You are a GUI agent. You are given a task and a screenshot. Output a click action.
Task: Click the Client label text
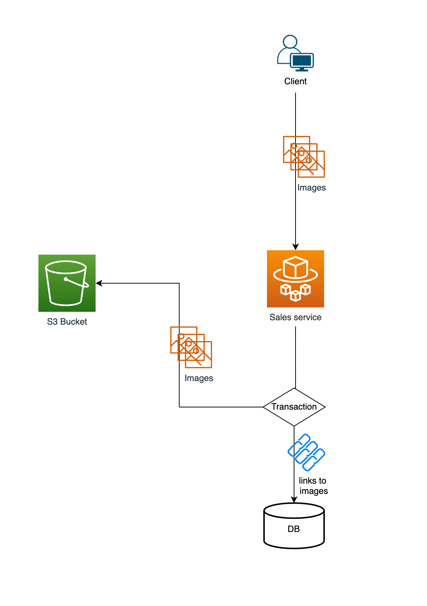pos(295,81)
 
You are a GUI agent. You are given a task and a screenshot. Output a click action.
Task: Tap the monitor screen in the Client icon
pos(302,60)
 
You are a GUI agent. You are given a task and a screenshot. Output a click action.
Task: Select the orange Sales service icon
pos(295,279)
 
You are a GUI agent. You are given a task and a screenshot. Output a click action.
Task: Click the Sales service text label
pos(295,317)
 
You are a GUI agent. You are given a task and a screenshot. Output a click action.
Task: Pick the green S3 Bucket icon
pos(67,283)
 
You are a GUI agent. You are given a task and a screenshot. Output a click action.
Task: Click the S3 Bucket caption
pos(67,322)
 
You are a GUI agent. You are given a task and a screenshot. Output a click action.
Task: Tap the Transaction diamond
pos(294,407)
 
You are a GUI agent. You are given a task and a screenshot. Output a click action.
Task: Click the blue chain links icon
pos(307,452)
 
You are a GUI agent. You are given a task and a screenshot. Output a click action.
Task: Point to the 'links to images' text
pos(313,486)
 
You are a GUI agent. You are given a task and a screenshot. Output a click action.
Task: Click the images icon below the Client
pos(304,157)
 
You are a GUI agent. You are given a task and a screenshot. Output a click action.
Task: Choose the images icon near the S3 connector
pos(191,347)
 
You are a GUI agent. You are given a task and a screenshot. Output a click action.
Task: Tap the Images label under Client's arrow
pos(311,188)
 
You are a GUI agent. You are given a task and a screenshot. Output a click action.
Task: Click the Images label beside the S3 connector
pos(198,378)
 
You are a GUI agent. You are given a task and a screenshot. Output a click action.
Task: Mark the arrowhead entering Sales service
pos(296,247)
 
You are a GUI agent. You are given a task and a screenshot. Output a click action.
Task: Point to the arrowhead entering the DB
pos(294,500)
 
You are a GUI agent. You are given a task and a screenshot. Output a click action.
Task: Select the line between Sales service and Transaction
pos(296,357)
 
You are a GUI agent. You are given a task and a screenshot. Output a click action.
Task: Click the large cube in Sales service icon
pos(296,267)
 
